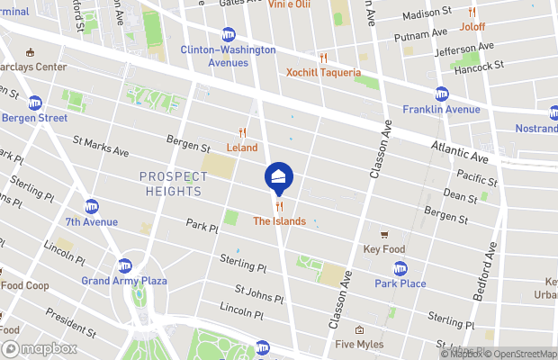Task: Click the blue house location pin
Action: click(278, 175)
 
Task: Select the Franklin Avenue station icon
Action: click(441, 94)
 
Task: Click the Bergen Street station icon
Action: click(34, 103)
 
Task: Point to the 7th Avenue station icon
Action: click(91, 206)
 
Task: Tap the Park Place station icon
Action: click(400, 268)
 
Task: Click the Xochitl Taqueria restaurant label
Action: click(323, 72)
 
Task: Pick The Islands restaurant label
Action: click(279, 220)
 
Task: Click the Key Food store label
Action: click(384, 248)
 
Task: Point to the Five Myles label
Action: click(359, 344)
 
